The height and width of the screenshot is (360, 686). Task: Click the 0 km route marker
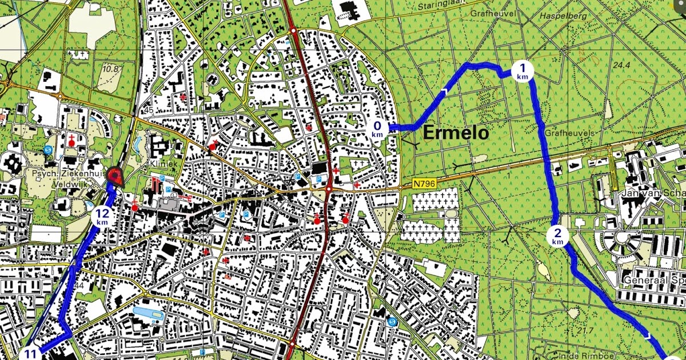(x=377, y=129)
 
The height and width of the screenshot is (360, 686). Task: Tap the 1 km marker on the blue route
(x=522, y=70)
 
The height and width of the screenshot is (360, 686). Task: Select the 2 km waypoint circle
(x=557, y=235)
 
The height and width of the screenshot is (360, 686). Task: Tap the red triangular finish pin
(x=115, y=177)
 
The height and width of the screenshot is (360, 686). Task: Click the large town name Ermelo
(x=456, y=133)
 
